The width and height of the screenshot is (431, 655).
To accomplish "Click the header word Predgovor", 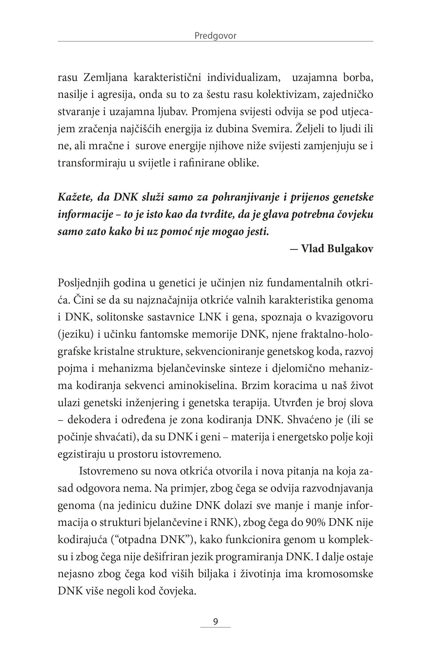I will [215, 36].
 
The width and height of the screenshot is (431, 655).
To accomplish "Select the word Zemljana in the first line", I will [105, 78].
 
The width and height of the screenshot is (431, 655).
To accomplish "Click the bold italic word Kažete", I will [75, 197].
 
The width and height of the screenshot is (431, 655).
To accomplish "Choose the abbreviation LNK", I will [210, 317].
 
